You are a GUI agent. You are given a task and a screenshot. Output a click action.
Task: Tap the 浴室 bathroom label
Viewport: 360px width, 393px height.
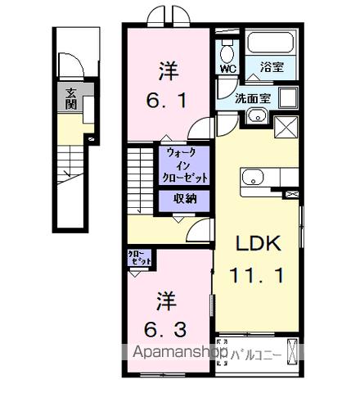(272, 68)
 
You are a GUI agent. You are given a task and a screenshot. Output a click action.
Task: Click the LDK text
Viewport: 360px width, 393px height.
(259, 243)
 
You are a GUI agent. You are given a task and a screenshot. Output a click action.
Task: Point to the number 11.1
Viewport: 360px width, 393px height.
(259, 275)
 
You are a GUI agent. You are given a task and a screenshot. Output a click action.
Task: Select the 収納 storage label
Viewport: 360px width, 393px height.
(184, 199)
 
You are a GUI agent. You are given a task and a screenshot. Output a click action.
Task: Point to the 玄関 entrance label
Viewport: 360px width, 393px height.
(71, 99)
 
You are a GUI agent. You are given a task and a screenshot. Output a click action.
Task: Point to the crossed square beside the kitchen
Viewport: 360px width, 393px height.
(287, 128)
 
